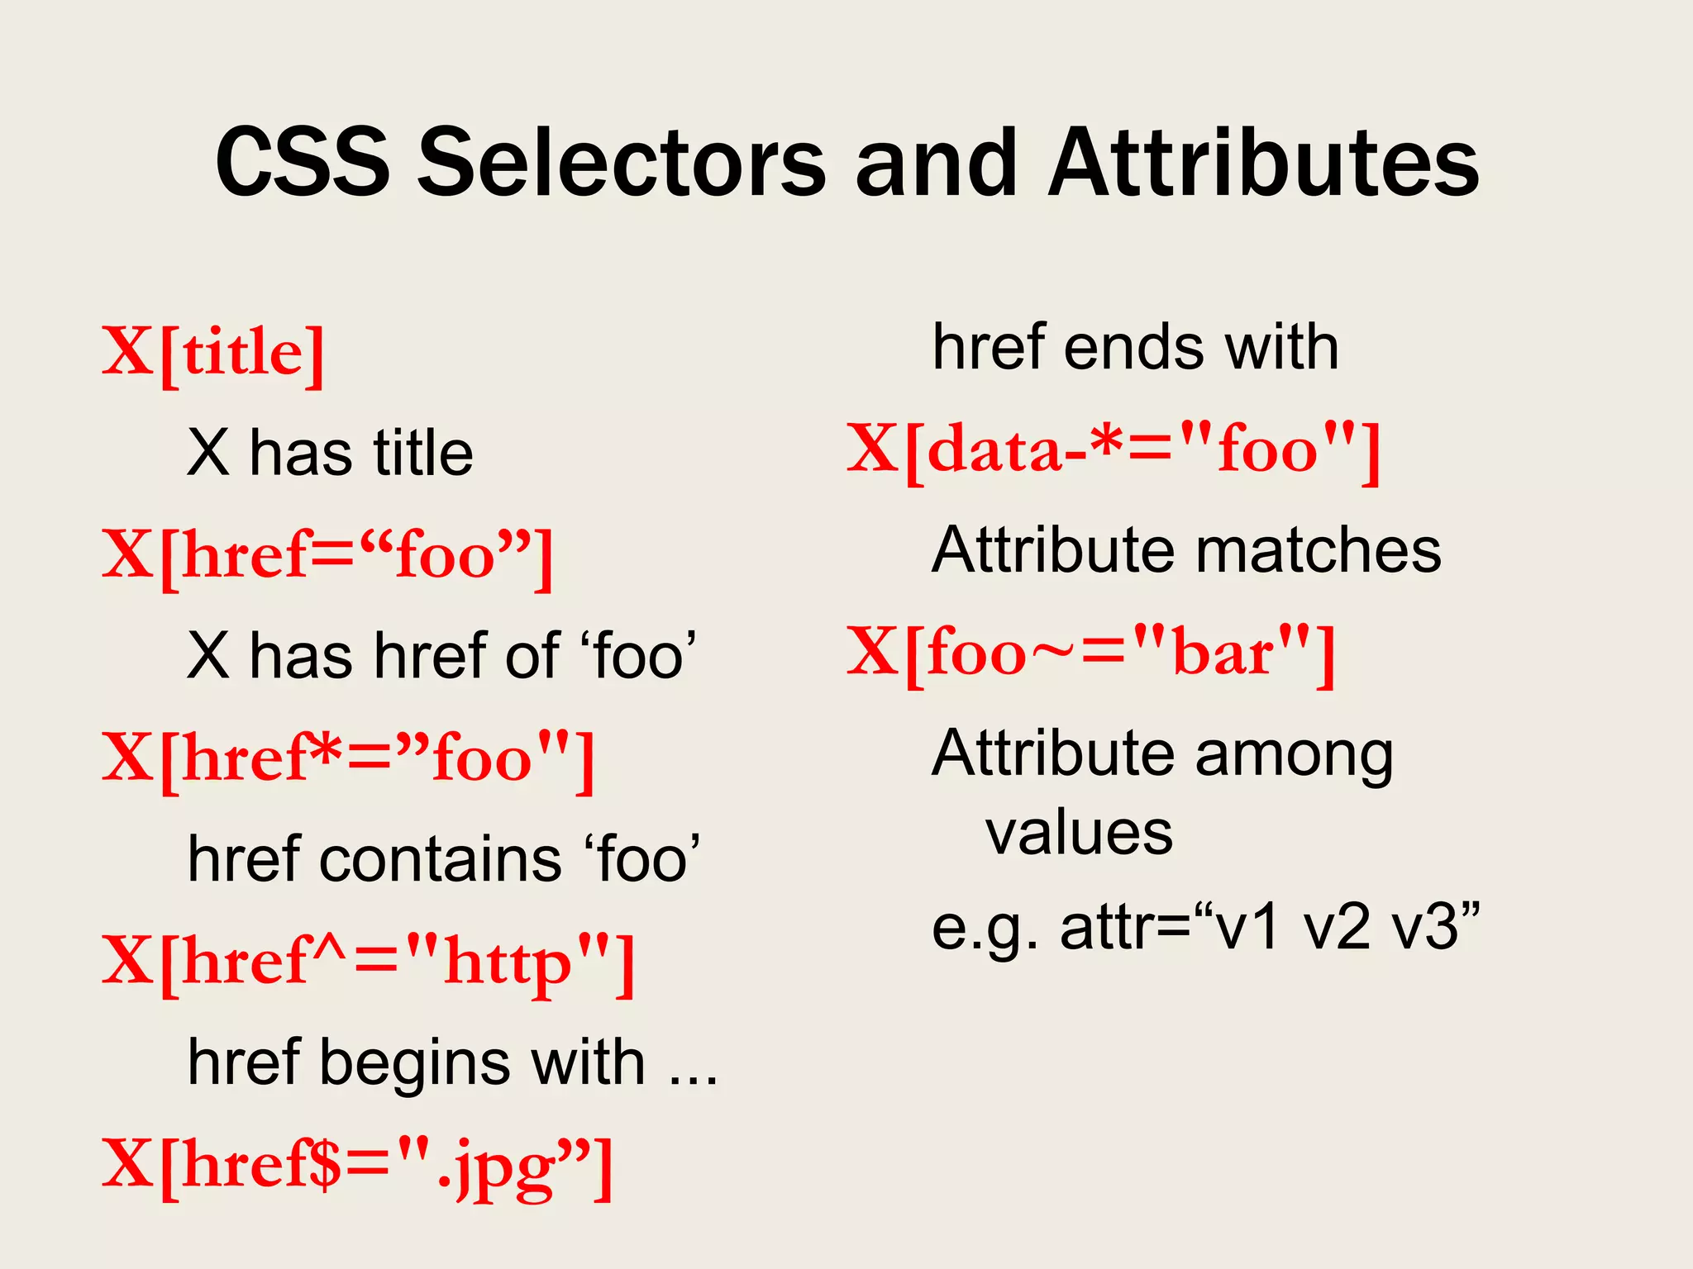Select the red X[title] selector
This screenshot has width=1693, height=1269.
(213, 353)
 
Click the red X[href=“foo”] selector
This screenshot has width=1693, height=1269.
(327, 556)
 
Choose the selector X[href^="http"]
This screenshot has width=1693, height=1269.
(369, 962)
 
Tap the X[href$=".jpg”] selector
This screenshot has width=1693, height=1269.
(357, 1165)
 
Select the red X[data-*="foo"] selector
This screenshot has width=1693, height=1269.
(1114, 450)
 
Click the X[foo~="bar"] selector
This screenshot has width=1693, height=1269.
(1091, 654)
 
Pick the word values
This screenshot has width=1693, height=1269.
(1079, 833)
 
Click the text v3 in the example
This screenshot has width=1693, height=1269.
(1434, 928)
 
